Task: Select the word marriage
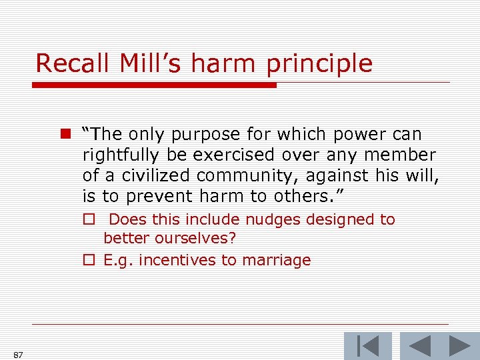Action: click(x=280, y=261)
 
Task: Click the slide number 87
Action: click(x=18, y=355)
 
